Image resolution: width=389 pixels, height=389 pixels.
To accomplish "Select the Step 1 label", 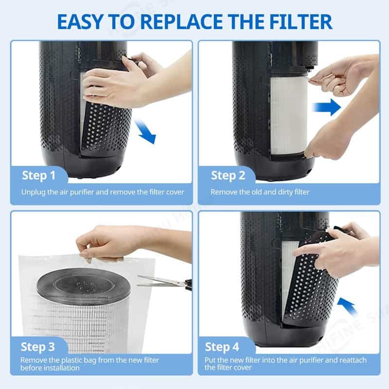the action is tap(39, 176).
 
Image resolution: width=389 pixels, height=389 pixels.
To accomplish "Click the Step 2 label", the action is tap(228, 176).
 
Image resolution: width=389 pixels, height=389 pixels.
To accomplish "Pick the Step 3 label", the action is tap(38, 347).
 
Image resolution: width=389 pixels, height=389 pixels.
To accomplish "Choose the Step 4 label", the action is tap(222, 347).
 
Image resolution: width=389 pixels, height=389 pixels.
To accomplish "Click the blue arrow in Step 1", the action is tap(145, 131).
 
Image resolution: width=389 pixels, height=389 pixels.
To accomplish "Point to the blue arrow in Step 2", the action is tap(327, 107).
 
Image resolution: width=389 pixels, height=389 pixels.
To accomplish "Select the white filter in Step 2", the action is tap(288, 115).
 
